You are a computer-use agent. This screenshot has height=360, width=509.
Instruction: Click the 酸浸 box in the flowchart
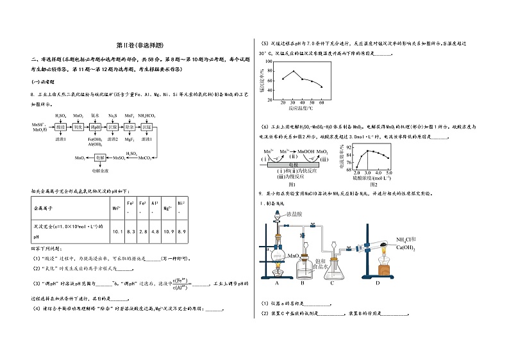[x=60, y=127]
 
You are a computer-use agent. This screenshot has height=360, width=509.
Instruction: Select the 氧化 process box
[x=78, y=127]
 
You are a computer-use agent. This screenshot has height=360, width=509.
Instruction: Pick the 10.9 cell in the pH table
[x=167, y=231]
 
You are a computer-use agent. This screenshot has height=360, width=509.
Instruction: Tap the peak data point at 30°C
[x=294, y=71]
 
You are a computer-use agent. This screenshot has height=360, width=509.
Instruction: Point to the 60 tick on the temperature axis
[x=321, y=102]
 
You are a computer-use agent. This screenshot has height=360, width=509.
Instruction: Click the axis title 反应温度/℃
[x=302, y=110]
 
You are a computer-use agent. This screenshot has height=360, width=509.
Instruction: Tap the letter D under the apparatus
[x=378, y=282]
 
